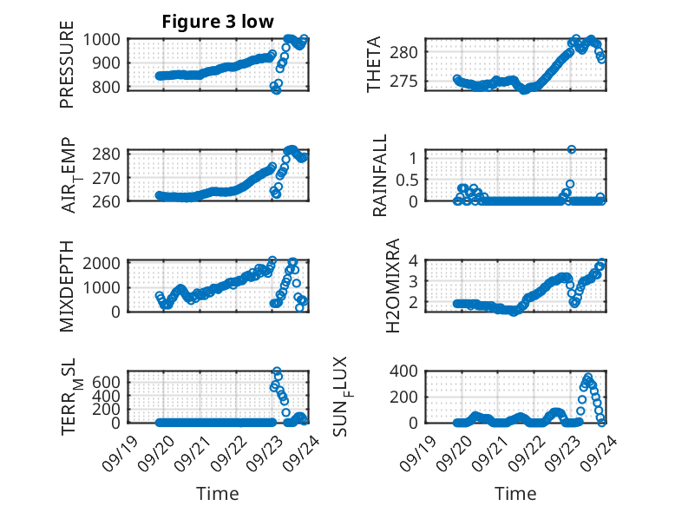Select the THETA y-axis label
tap(374, 65)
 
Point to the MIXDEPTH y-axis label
tap(67, 285)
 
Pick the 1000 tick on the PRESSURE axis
tap(108, 40)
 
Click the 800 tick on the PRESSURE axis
tap(112, 87)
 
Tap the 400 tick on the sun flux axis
tap(411, 371)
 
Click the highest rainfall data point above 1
tap(571, 149)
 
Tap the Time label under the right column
tap(515, 494)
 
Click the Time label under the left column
tap(217, 494)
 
